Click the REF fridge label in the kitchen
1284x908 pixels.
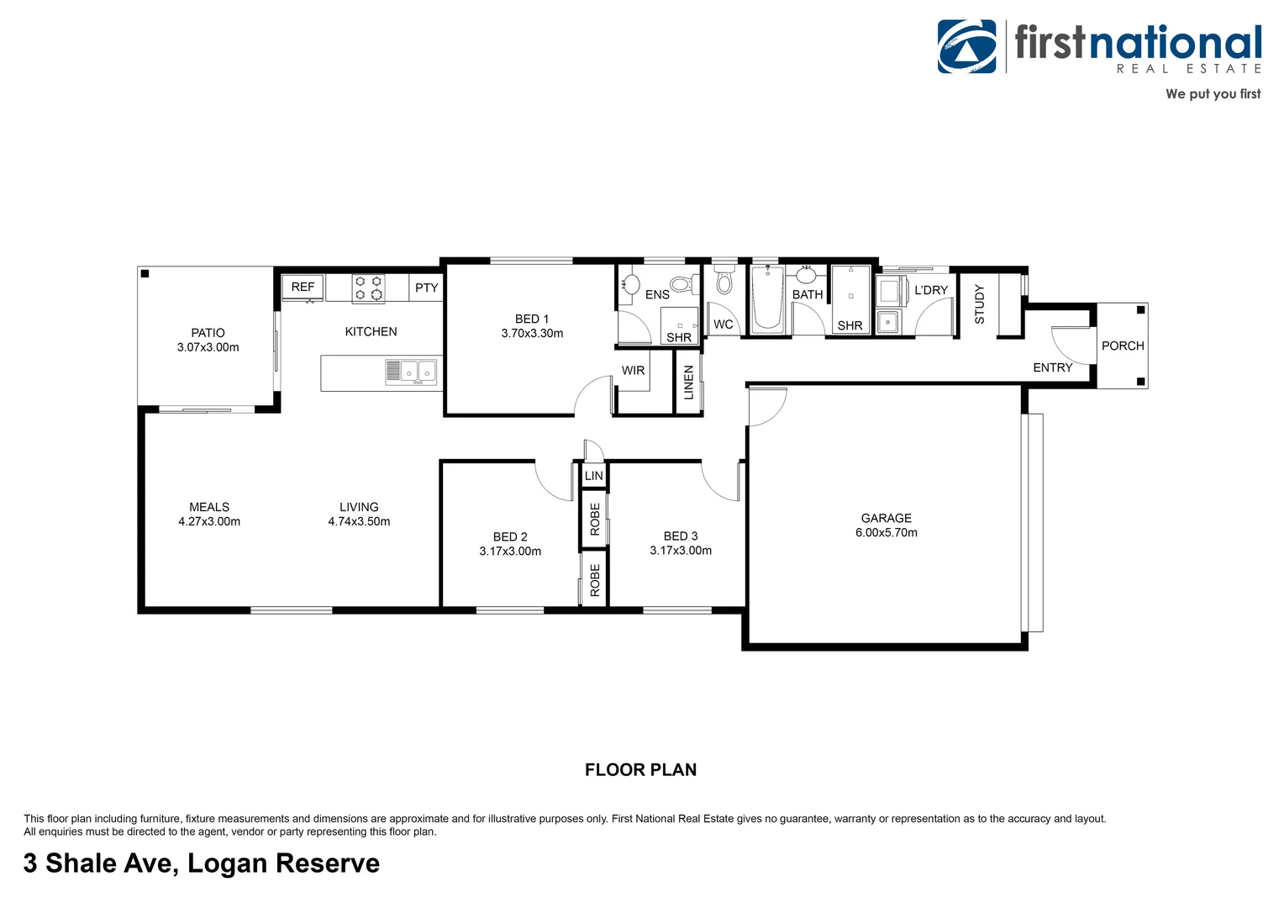pyautogui.click(x=303, y=287)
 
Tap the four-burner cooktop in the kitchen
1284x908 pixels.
pyautogui.click(x=368, y=288)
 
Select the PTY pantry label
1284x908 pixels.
pyautogui.click(x=426, y=288)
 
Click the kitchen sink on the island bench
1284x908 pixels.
pyautogui.click(x=418, y=371)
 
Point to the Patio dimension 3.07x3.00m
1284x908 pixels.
pyautogui.click(x=208, y=347)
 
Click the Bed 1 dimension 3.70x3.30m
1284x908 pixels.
pyautogui.click(x=532, y=333)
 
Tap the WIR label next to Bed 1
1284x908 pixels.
pyautogui.click(x=633, y=371)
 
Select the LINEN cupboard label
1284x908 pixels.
pyautogui.click(x=689, y=383)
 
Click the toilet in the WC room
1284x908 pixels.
pyautogui.click(x=724, y=282)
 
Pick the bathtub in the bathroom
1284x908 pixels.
pyautogui.click(x=766, y=298)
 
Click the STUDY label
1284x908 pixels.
pyautogui.click(x=979, y=304)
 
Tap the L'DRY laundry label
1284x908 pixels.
pyautogui.click(x=930, y=290)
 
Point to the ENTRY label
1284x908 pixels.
pyautogui.click(x=1052, y=367)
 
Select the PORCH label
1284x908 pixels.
pyautogui.click(x=1123, y=346)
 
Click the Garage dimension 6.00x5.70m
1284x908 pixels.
pyautogui.click(x=886, y=532)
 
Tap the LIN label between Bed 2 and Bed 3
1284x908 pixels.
pyautogui.click(x=593, y=476)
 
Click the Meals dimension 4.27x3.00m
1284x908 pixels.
pyautogui.click(x=209, y=521)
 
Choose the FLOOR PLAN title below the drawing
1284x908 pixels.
pyautogui.click(x=640, y=769)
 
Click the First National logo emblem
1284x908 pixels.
pyautogui.click(x=967, y=47)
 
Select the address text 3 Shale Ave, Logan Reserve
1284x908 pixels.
pyautogui.click(x=202, y=863)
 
